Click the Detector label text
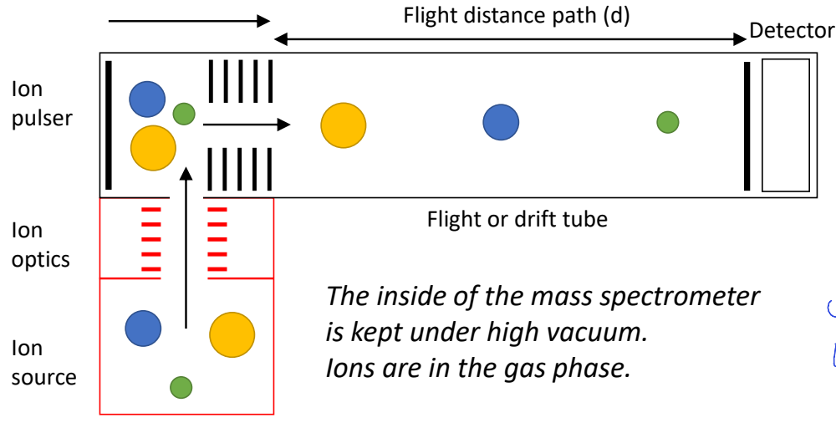click(x=791, y=32)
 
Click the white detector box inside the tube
click(x=785, y=125)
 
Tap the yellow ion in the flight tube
click(x=344, y=125)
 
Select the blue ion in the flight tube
click(x=501, y=122)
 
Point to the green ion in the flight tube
click(x=667, y=122)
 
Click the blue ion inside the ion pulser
click(x=147, y=99)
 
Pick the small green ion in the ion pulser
click(x=184, y=113)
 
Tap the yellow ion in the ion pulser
click(x=153, y=148)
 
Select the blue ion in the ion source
click(x=143, y=328)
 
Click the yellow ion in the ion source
click(x=232, y=334)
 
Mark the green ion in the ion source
click(x=181, y=387)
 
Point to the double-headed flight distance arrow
click(x=510, y=38)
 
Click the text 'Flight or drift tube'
click(x=517, y=220)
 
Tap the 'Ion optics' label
click(x=40, y=245)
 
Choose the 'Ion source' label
click(x=43, y=362)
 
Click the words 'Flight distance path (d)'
click(x=516, y=15)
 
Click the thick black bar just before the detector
click(x=747, y=125)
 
